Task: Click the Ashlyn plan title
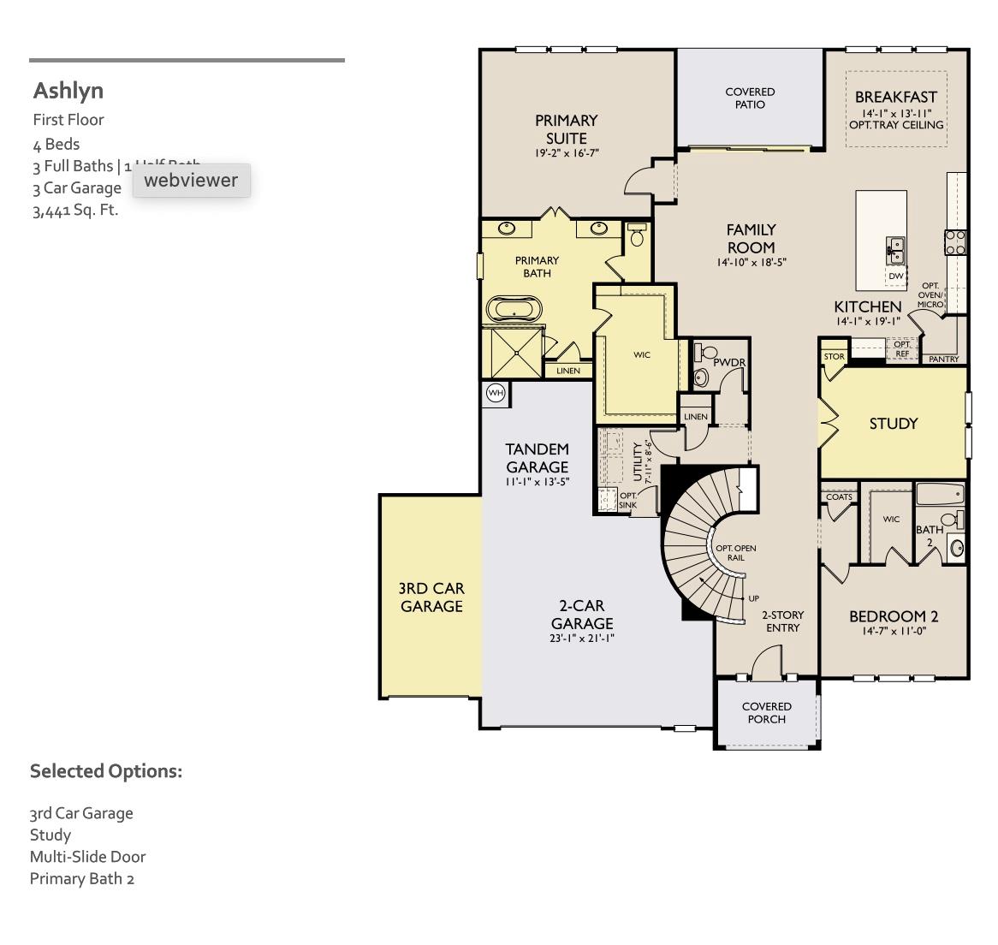click(x=68, y=91)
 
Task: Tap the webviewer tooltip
click(x=191, y=181)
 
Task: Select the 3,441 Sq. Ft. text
click(x=75, y=211)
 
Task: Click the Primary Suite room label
click(x=566, y=129)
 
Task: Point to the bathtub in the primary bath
click(x=514, y=309)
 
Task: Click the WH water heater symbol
click(x=496, y=393)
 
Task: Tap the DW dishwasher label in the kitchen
click(x=895, y=276)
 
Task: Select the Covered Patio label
click(x=750, y=98)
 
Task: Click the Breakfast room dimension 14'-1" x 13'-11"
click(x=896, y=112)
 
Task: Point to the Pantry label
click(x=943, y=360)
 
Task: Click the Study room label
click(x=894, y=424)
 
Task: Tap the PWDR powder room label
click(x=729, y=363)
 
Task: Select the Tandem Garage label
click(x=537, y=458)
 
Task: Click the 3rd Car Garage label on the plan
click(x=431, y=597)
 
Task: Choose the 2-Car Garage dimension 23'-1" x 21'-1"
click(x=582, y=638)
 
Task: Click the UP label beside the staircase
click(x=753, y=598)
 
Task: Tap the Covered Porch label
click(x=767, y=713)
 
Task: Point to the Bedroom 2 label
click(x=894, y=616)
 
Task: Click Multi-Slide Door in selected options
click(x=87, y=857)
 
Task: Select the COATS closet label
click(x=839, y=497)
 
